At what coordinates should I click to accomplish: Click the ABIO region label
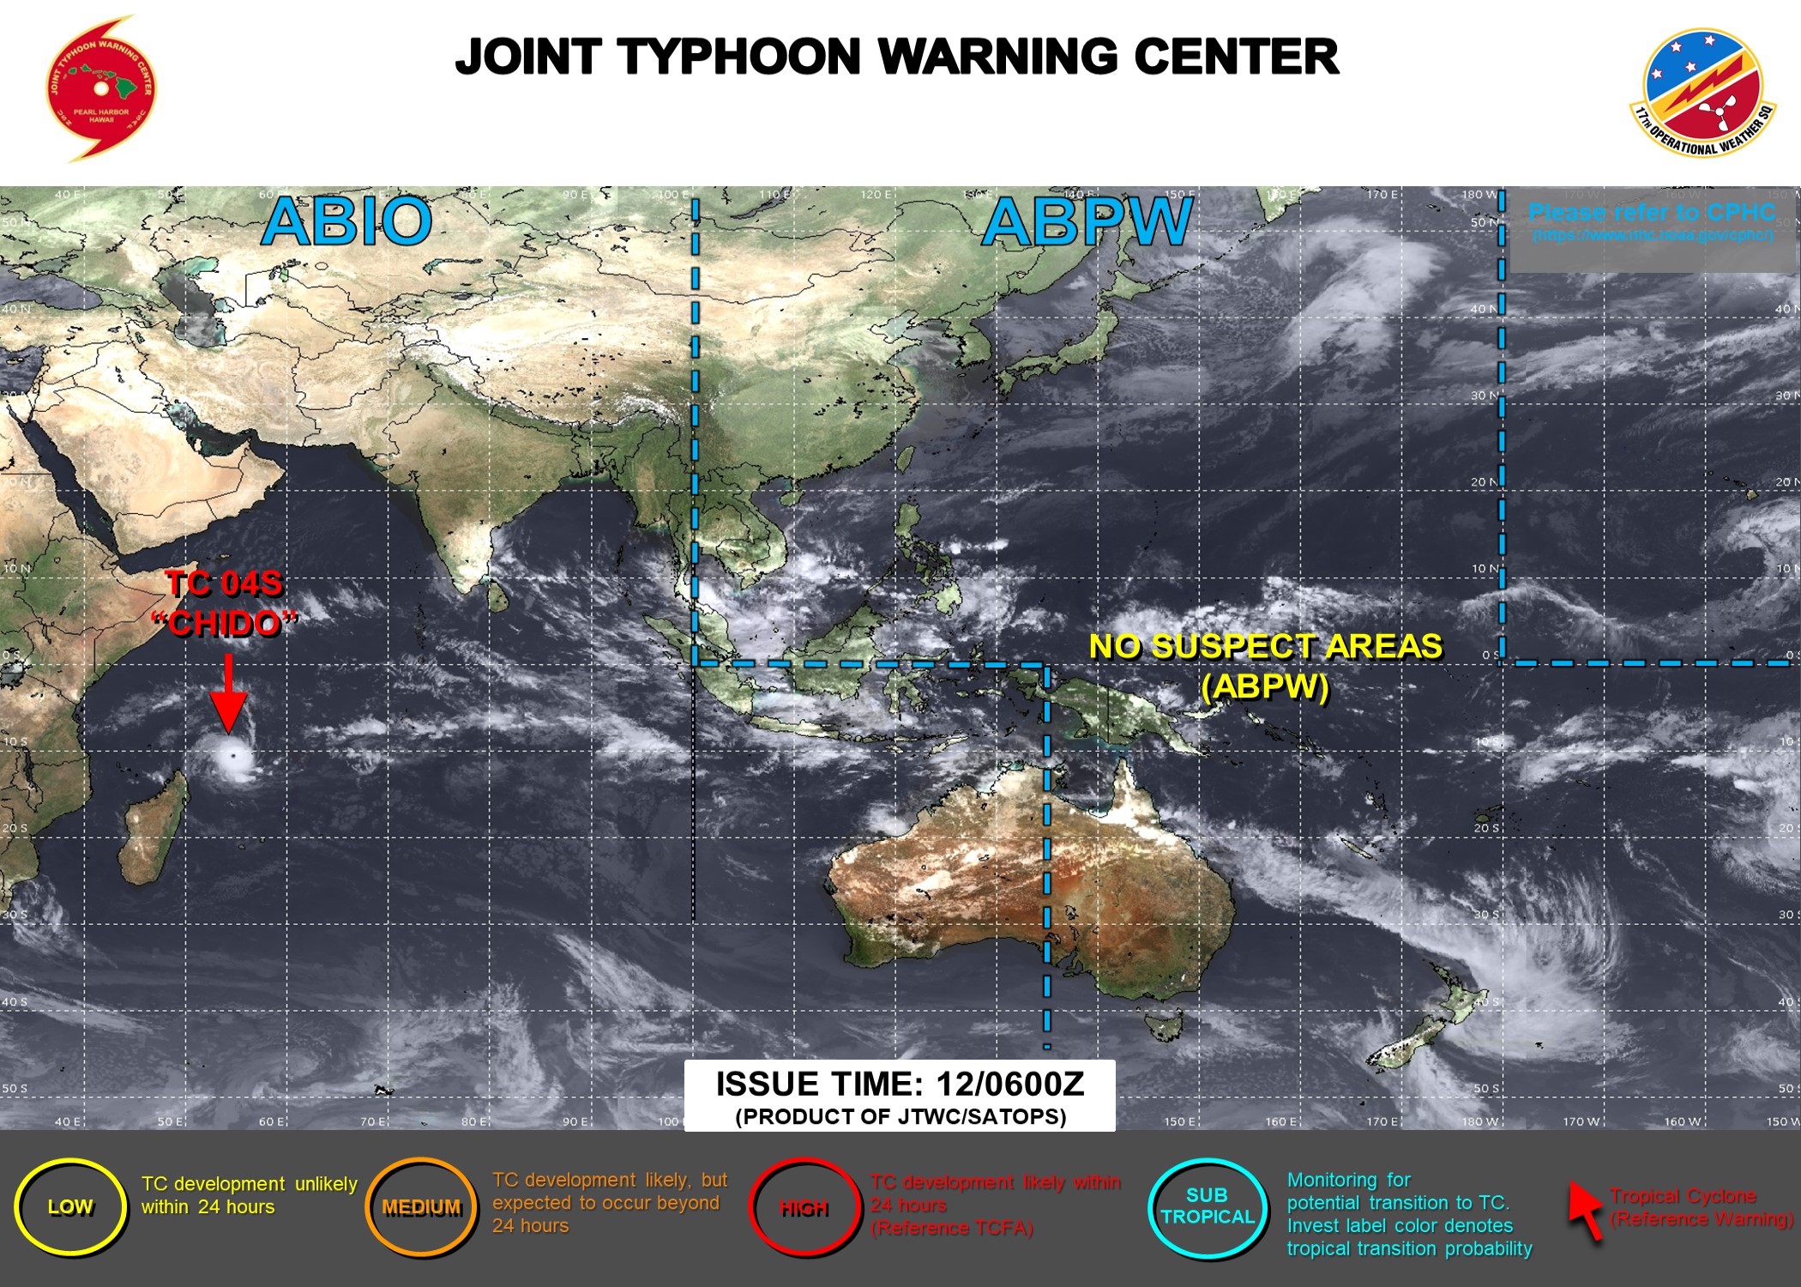click(346, 221)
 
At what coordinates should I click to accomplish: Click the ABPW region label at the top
click(1087, 222)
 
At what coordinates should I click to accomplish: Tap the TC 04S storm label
click(224, 584)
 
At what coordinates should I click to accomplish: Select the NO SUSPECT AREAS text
click(1265, 647)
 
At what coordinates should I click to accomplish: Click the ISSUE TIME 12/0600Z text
click(900, 1085)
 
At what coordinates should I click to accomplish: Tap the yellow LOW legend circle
click(70, 1207)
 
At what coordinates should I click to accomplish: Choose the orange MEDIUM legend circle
click(421, 1207)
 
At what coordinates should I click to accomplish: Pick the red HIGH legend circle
click(804, 1208)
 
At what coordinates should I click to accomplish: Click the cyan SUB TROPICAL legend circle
click(1207, 1206)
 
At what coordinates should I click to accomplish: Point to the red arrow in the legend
click(1586, 1210)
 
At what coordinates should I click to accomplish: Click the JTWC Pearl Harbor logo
click(101, 88)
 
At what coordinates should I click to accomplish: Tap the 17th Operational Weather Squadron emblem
click(1702, 93)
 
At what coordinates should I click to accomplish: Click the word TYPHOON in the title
click(739, 57)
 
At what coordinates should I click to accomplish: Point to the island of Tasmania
click(1164, 1024)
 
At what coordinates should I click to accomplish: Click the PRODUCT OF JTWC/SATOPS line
click(900, 1116)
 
